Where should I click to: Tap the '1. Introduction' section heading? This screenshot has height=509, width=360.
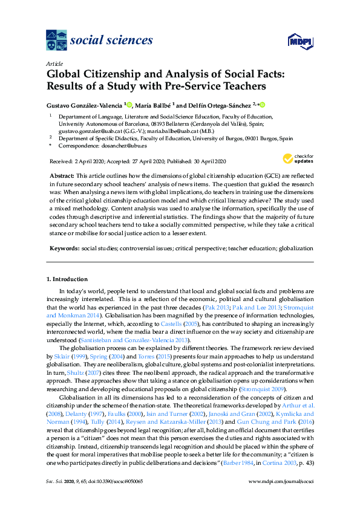[x=67, y=279]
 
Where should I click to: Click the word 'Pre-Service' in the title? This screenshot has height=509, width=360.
[x=188, y=85]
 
